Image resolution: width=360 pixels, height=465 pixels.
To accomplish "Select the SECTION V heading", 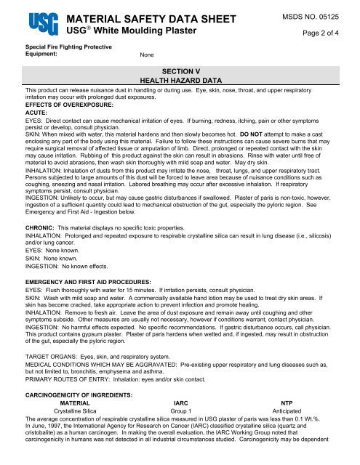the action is (x=180, y=71).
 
